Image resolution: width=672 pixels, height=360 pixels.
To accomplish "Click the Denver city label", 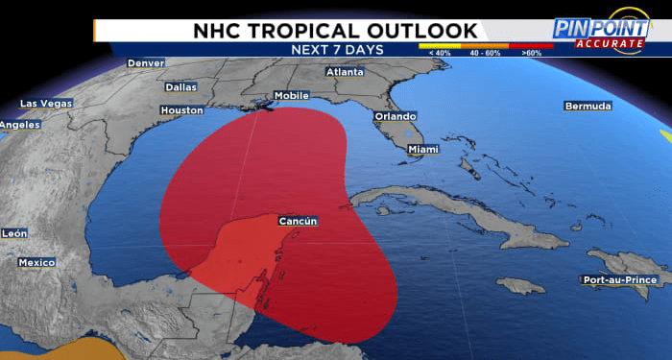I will click(x=146, y=63).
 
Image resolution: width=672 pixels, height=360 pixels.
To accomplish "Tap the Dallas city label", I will click(x=180, y=86).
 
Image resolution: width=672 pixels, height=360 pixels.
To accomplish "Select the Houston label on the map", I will click(x=181, y=110).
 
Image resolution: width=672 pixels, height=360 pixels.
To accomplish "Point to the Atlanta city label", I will click(x=345, y=72).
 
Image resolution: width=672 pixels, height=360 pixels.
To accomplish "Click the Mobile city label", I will click(x=292, y=96).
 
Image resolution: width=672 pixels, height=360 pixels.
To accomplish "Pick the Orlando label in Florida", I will click(x=396, y=116).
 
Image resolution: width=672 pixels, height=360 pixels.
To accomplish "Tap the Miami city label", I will click(x=422, y=150).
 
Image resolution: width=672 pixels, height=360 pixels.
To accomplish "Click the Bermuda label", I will click(x=588, y=106).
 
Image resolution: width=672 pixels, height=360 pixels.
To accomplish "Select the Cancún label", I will click(x=298, y=222).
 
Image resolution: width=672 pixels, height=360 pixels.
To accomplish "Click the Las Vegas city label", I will click(x=46, y=104).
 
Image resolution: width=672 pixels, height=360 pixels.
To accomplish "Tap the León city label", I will click(x=14, y=233).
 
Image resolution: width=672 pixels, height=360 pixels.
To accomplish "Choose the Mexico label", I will click(x=37, y=262).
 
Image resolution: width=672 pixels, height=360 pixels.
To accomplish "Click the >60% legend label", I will click(x=531, y=53).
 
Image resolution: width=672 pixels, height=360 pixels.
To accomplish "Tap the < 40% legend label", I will click(x=438, y=53).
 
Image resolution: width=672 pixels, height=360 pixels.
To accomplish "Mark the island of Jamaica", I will click(x=522, y=285).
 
